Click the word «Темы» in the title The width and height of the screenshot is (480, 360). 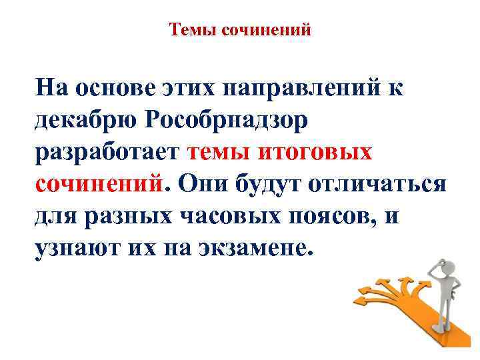tap(189, 29)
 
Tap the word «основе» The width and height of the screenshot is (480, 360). tap(115, 87)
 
